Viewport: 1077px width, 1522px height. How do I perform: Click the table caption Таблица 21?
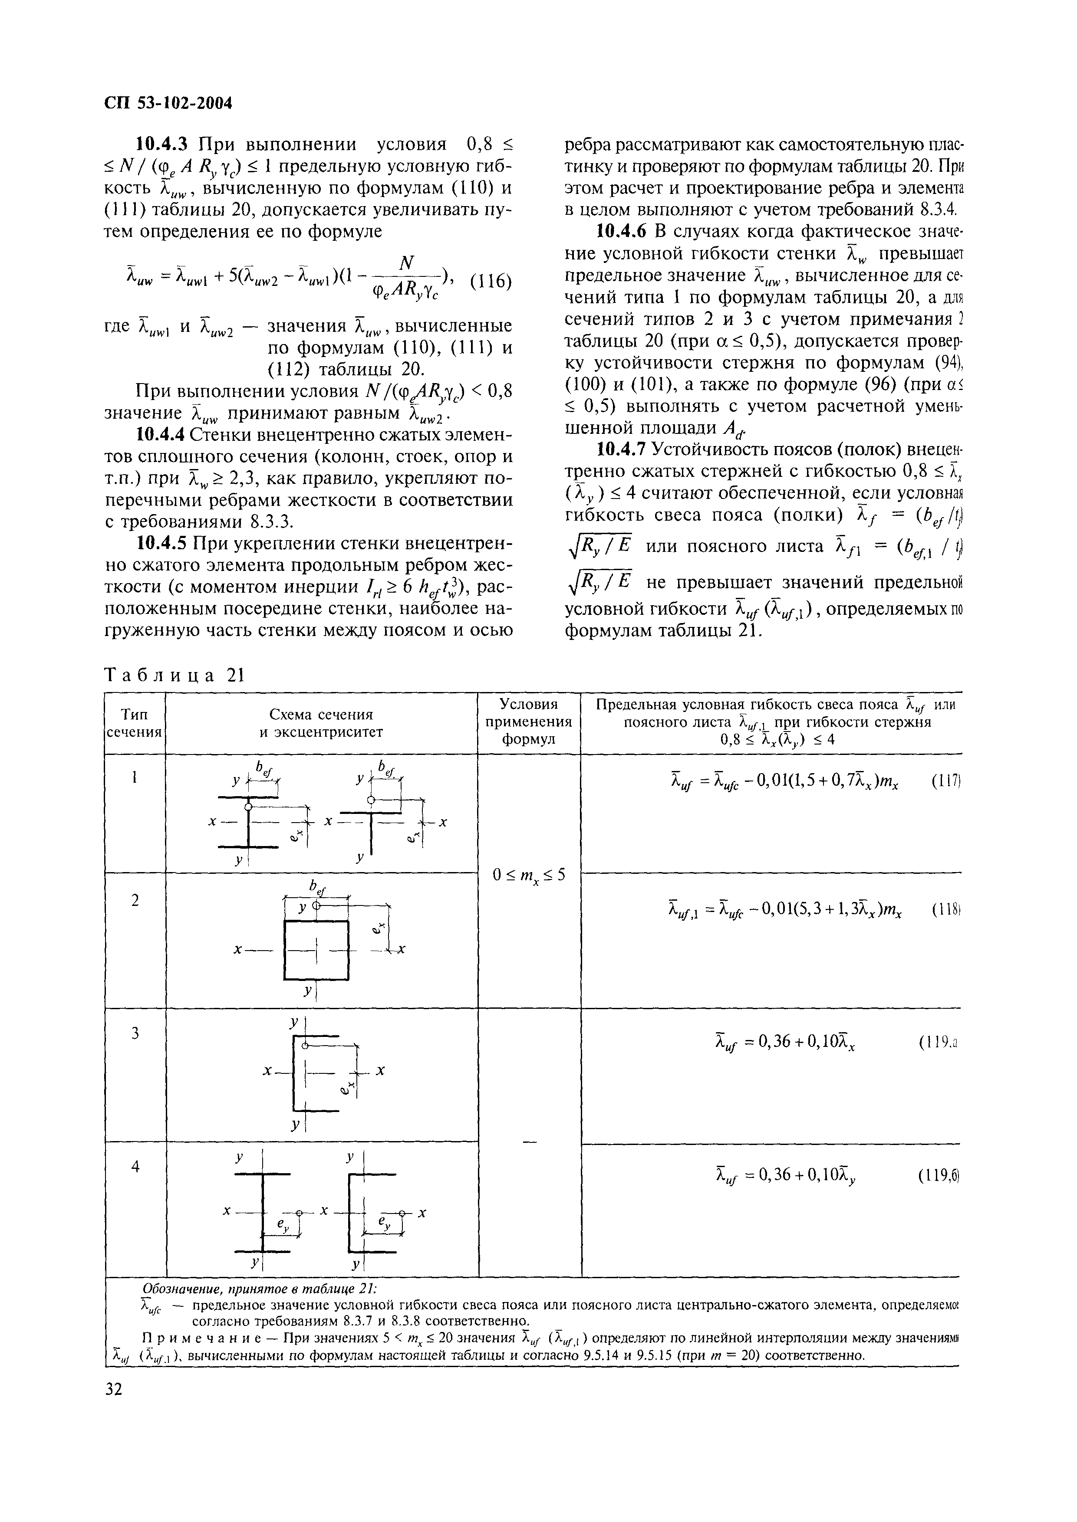point(175,675)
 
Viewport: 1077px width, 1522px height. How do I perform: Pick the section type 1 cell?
point(135,778)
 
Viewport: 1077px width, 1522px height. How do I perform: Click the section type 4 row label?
point(135,1167)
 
